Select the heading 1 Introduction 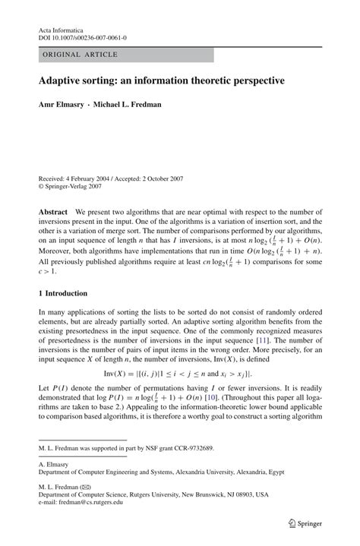(x=68, y=293)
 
